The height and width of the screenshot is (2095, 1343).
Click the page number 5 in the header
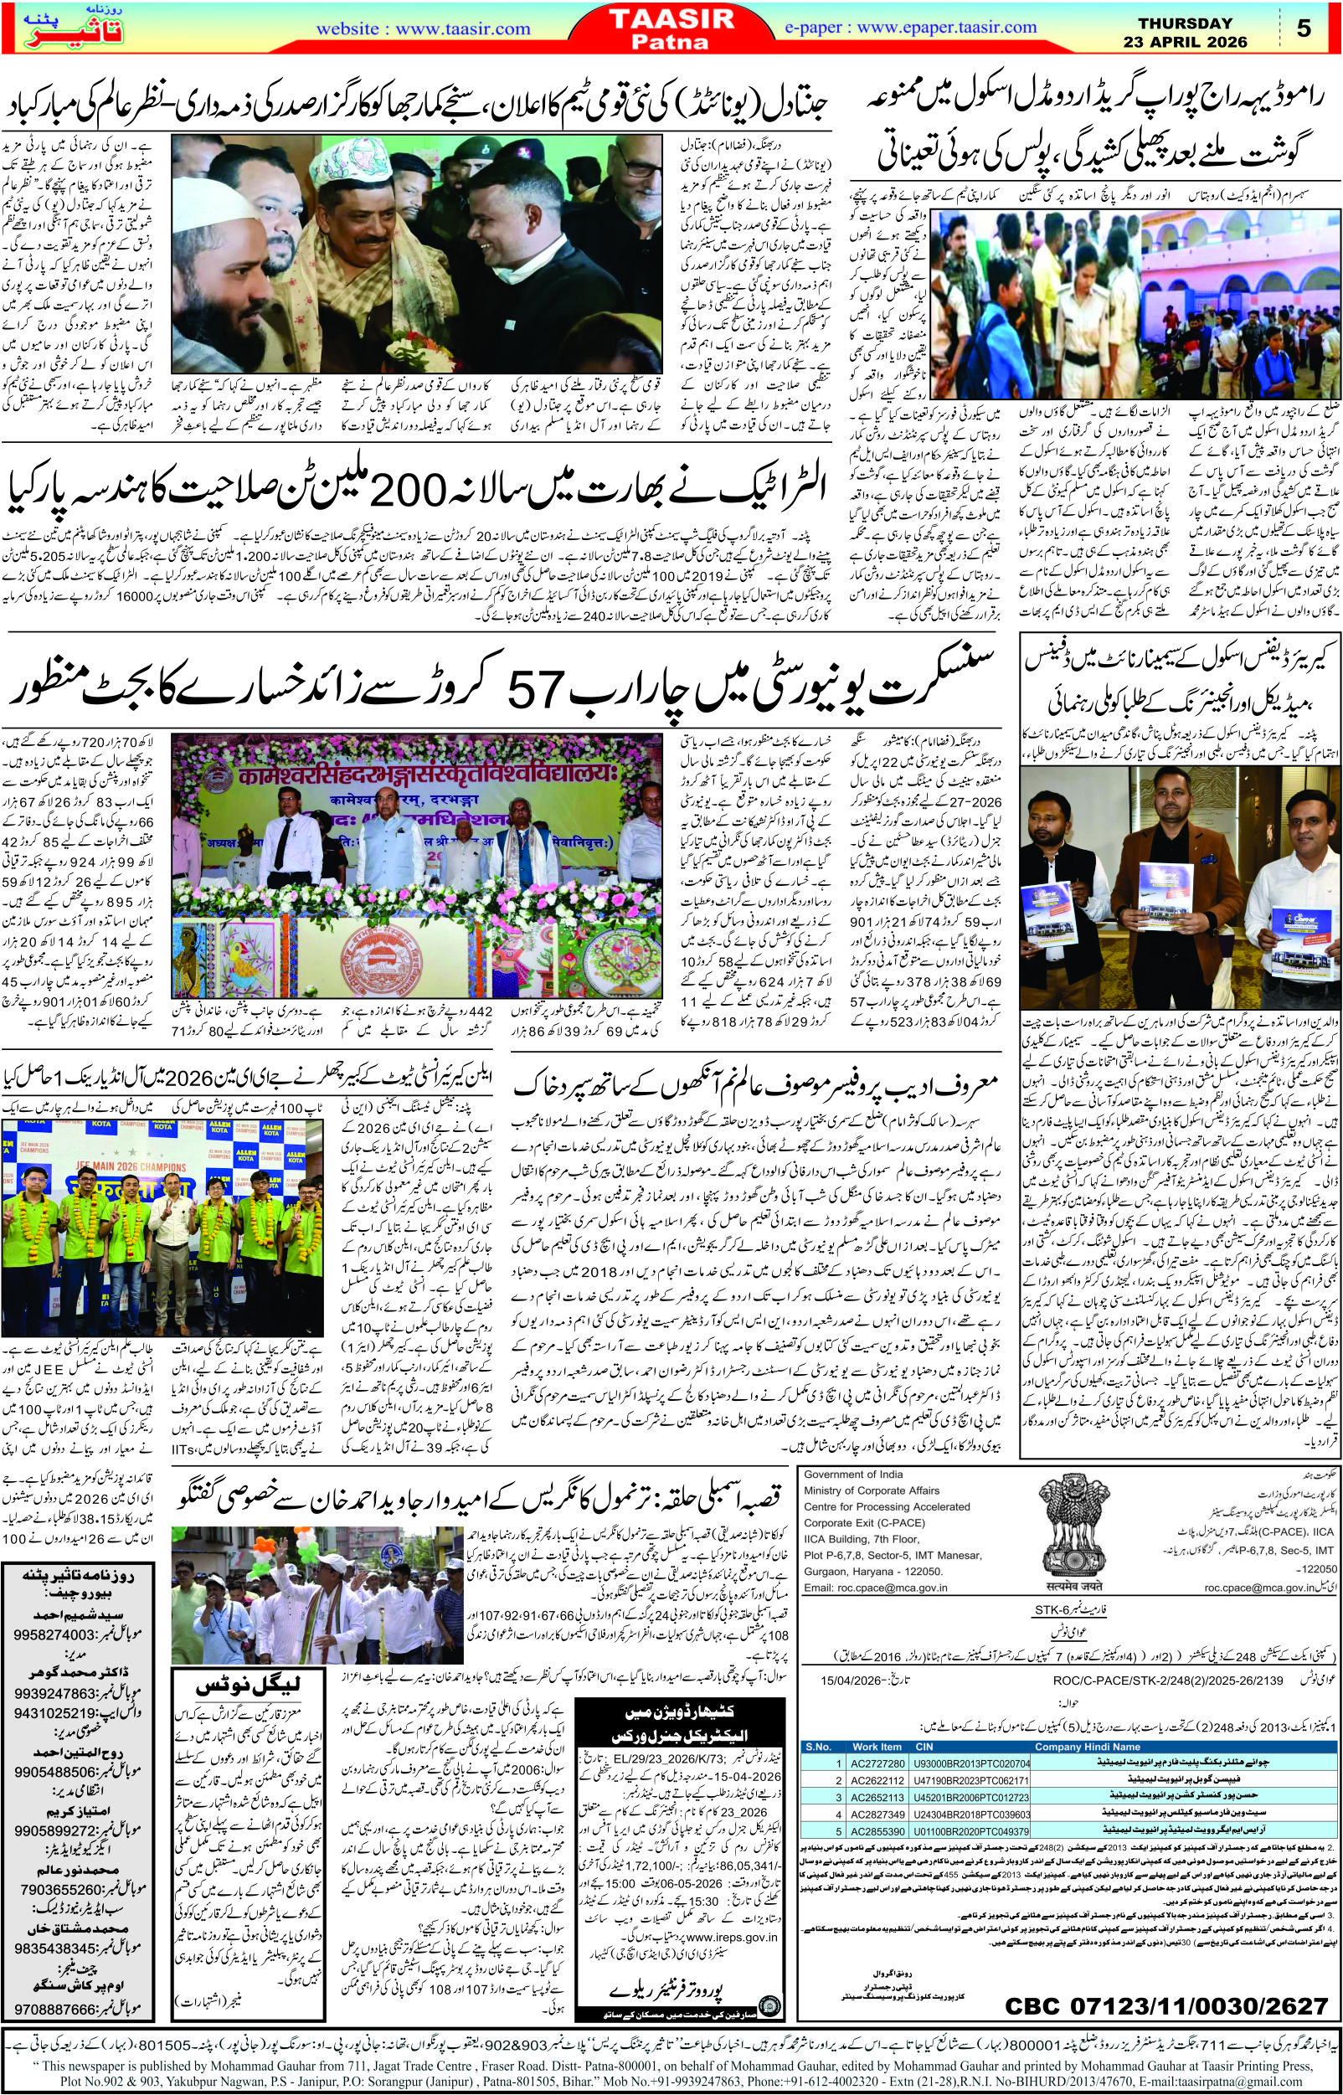[x=1304, y=28]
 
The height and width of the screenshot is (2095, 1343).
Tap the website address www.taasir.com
[x=424, y=28]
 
